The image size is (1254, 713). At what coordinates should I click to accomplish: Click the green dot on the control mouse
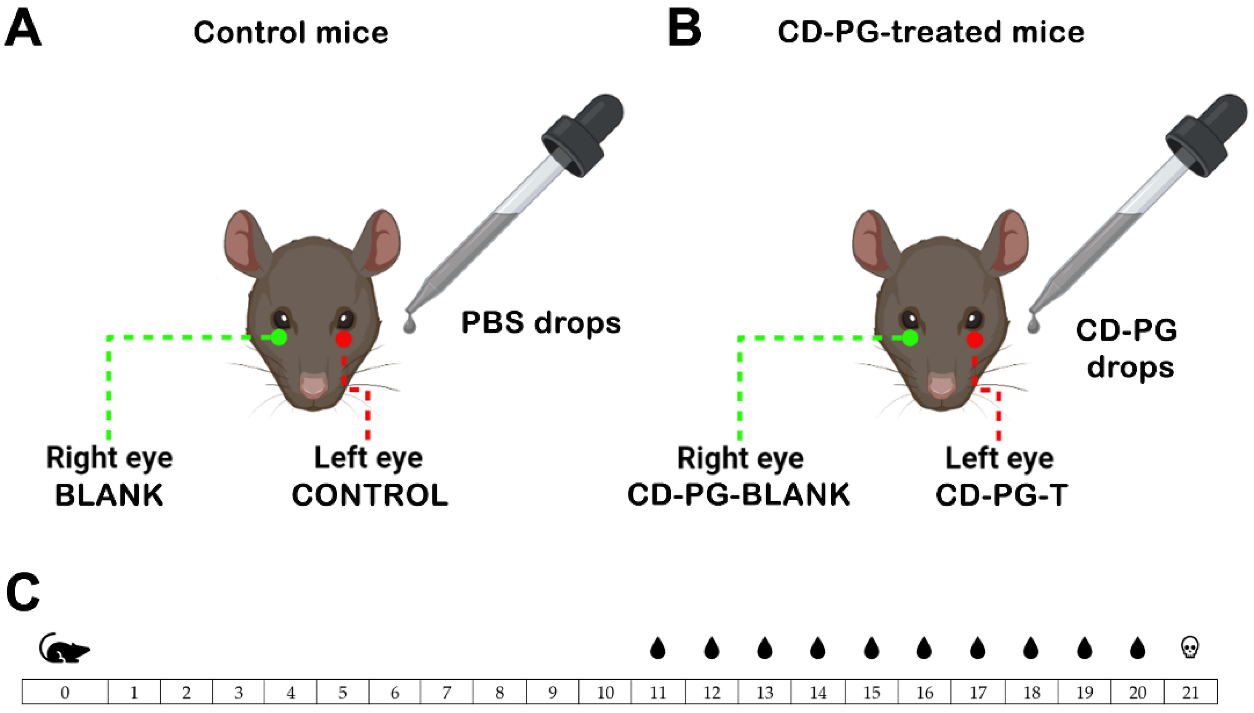point(279,338)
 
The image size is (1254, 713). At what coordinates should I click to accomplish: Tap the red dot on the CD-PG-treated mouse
point(975,339)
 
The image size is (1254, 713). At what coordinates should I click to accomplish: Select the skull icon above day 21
point(1189,647)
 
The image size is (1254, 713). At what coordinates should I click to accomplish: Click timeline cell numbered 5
point(343,693)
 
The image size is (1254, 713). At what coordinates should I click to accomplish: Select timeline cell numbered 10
point(605,693)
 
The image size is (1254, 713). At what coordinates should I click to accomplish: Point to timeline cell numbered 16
point(924,693)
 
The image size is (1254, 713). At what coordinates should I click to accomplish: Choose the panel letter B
point(684,30)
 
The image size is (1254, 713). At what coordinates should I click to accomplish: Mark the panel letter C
point(23,593)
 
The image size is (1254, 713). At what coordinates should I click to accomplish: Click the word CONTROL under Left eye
point(370,495)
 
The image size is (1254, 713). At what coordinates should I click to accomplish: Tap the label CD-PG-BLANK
point(739,495)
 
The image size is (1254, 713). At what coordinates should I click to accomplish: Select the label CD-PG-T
point(1001,495)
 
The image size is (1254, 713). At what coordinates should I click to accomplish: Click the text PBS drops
point(541,323)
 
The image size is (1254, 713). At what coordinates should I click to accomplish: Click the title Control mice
point(291,33)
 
